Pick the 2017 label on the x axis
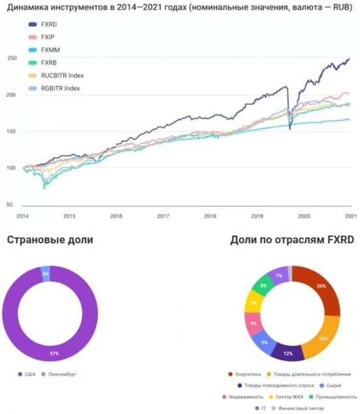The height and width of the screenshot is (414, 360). [x=163, y=216]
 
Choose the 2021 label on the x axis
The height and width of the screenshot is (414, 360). [x=350, y=216]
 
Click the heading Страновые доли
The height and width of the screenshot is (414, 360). [x=50, y=240]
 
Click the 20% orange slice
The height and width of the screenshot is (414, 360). [x=324, y=338]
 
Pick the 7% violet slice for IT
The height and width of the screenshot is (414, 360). [x=278, y=276]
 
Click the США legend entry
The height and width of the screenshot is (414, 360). [x=28, y=374]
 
